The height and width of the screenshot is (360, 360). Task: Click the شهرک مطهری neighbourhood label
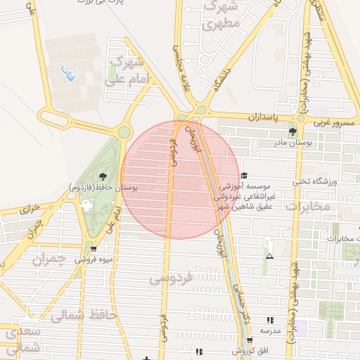point(221,15)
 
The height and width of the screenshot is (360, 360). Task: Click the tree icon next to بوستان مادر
point(292,131)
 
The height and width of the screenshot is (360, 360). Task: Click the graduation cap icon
point(244,176)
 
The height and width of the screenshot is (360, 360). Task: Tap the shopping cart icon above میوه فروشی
point(94,248)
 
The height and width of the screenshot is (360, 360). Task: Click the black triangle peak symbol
point(270,257)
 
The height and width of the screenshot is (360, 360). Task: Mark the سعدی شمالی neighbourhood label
point(21,340)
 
